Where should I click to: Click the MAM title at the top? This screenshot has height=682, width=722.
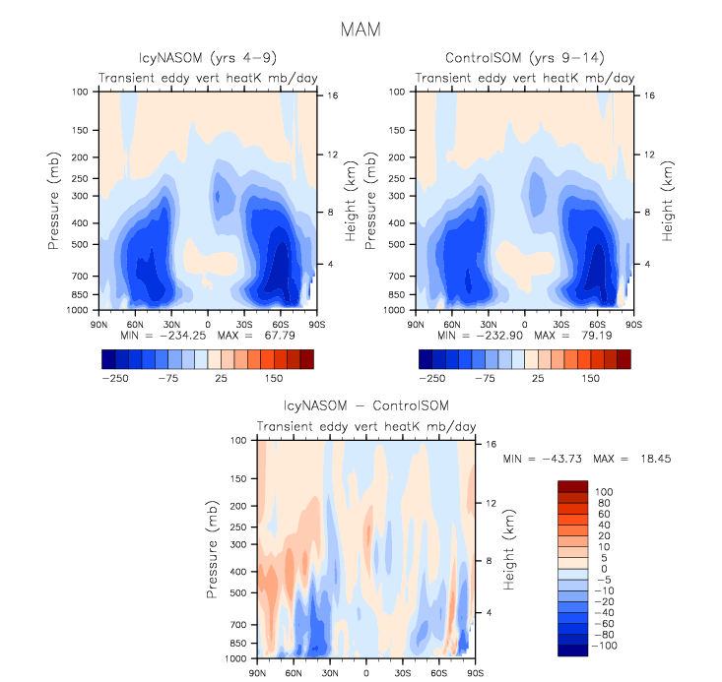(361, 30)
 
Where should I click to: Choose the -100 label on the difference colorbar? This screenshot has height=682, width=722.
(608, 647)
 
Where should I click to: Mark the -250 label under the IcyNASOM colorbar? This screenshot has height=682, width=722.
(116, 378)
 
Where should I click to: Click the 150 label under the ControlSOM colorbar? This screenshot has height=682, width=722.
(591, 378)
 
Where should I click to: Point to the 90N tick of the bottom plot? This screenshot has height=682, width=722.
(257, 673)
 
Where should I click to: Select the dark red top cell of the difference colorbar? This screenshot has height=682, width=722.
(573, 486)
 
